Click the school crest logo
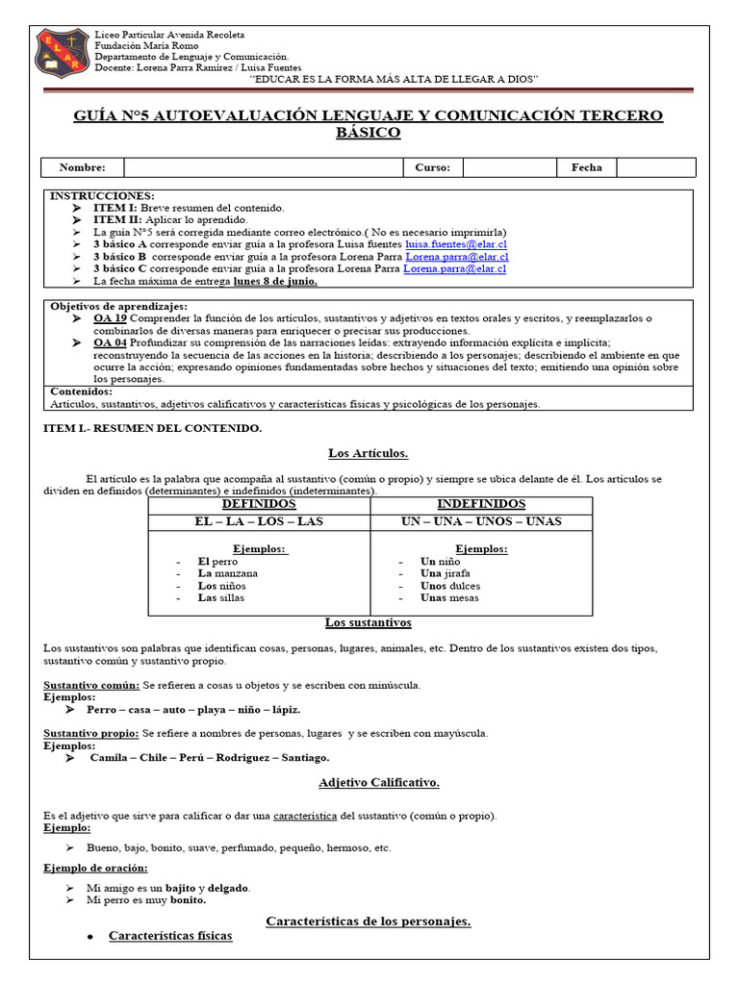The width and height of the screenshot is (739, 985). [64, 54]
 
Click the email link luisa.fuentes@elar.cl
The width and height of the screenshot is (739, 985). [454, 245]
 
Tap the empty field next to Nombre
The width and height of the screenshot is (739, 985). [260, 167]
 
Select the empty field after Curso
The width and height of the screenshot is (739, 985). [510, 167]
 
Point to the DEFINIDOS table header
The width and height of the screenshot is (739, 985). [259, 505]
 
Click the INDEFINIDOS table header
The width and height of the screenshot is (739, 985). [481, 505]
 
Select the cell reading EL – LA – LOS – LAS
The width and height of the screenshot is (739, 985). [259, 521]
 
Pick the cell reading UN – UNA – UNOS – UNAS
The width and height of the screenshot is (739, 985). [481, 521]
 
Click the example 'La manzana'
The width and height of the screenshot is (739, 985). [227, 573]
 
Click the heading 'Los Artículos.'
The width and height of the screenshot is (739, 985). [369, 453]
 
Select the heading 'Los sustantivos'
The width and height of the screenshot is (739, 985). [369, 623]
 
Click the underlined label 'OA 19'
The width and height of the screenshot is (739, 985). [110, 318]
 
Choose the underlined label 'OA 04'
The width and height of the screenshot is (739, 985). [110, 342]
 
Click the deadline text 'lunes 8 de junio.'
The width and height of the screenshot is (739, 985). [275, 282]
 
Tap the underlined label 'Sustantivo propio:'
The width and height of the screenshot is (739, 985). [91, 733]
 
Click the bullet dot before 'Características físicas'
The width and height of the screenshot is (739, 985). [89, 936]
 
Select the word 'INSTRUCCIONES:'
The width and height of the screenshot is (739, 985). [100, 195]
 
